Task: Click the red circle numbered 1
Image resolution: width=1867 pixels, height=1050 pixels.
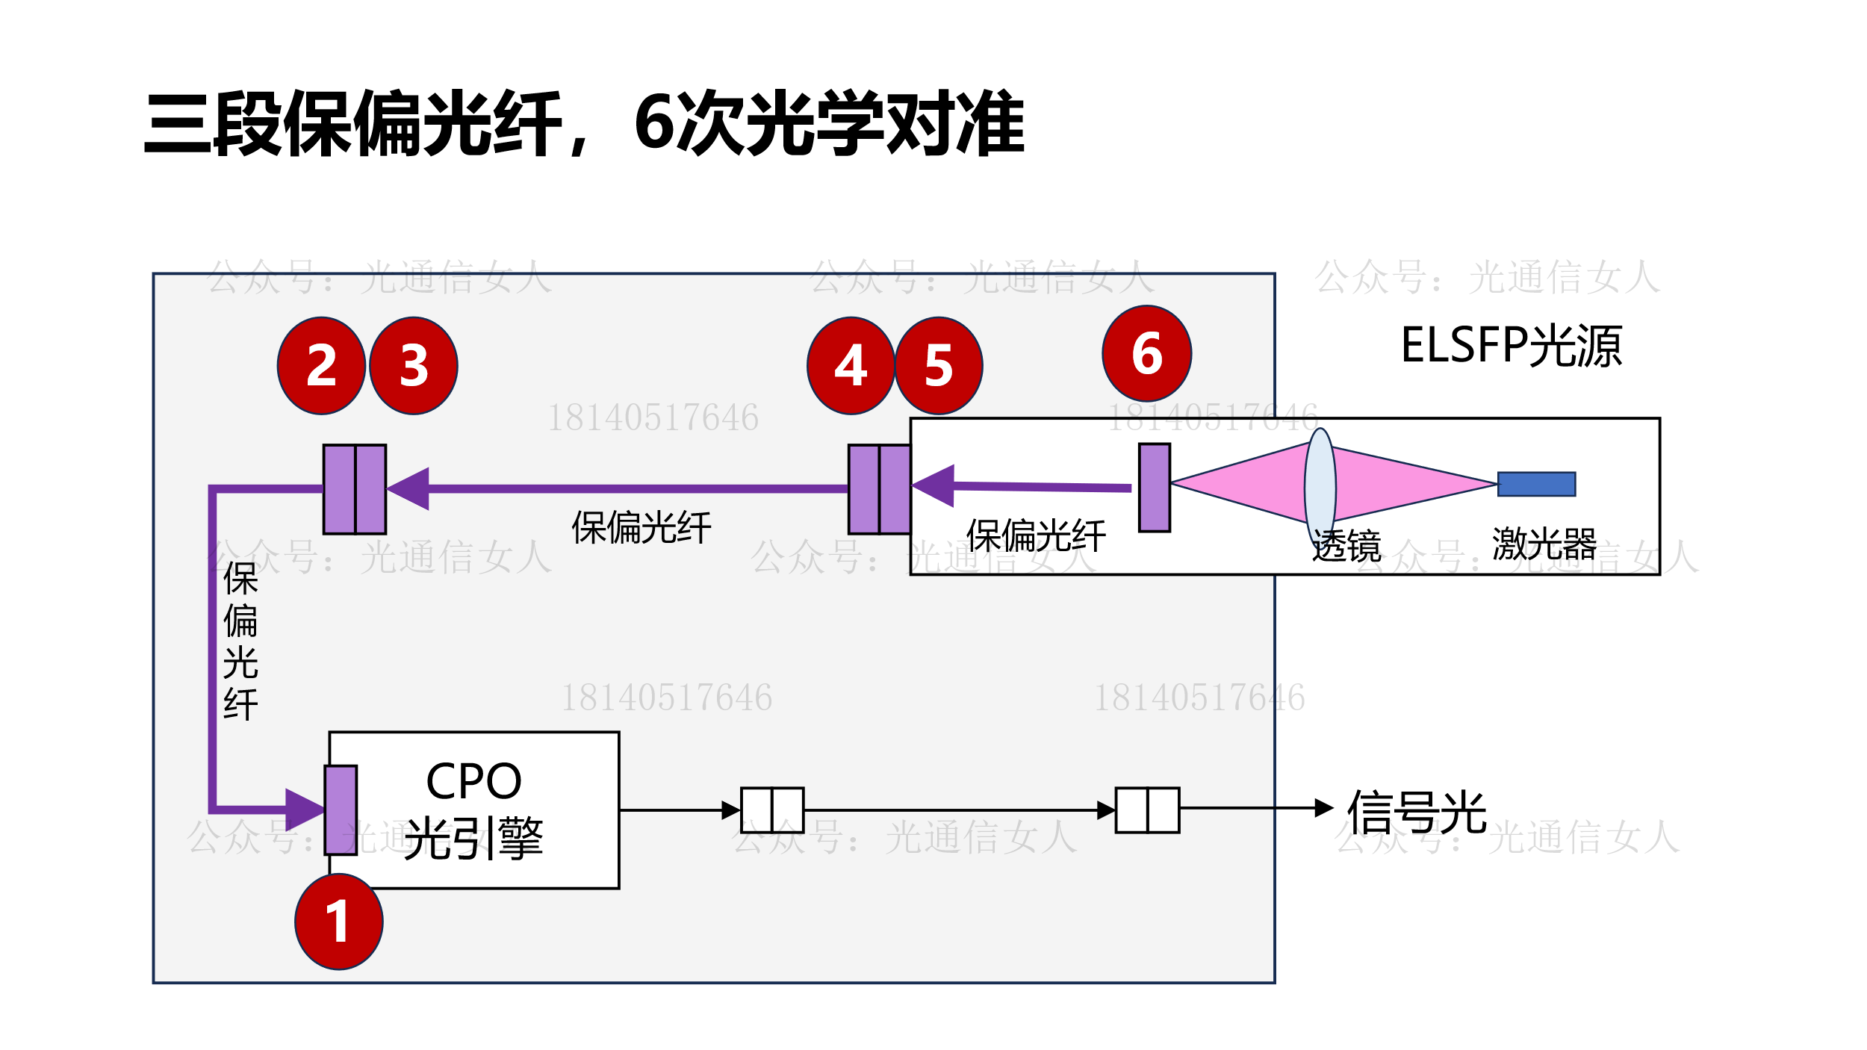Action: coord(339,921)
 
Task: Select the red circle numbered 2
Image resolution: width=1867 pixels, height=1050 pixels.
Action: coord(321,365)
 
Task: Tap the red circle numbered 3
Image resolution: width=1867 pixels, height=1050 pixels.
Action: coord(414,365)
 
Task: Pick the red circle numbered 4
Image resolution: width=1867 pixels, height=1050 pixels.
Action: coord(851,365)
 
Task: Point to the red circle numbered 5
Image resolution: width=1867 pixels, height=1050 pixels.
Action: coord(939,365)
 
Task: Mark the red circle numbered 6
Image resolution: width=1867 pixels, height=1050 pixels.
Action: coord(1146,353)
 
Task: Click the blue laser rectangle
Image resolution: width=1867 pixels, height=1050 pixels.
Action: coord(1536,484)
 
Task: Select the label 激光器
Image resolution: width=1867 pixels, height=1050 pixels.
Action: coord(1544,543)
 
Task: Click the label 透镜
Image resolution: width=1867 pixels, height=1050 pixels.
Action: coord(1346,546)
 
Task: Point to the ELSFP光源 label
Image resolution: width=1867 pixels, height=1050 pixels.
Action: coord(1511,346)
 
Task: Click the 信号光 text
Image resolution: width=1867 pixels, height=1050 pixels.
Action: coord(1417,812)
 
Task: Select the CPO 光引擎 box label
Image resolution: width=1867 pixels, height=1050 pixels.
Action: coord(473,810)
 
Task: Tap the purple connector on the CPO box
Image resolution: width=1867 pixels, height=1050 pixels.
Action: coord(341,810)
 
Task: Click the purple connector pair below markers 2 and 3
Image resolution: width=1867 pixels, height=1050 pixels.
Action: coord(355,489)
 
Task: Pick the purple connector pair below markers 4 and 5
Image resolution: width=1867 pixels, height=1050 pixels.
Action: coord(880,489)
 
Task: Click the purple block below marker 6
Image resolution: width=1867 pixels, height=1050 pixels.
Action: coord(1154,488)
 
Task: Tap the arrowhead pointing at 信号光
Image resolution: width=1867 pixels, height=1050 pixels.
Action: coord(1323,807)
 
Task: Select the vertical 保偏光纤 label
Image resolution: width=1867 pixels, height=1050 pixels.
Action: coord(240,641)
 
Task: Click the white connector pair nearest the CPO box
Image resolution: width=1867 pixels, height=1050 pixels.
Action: coord(772,810)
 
